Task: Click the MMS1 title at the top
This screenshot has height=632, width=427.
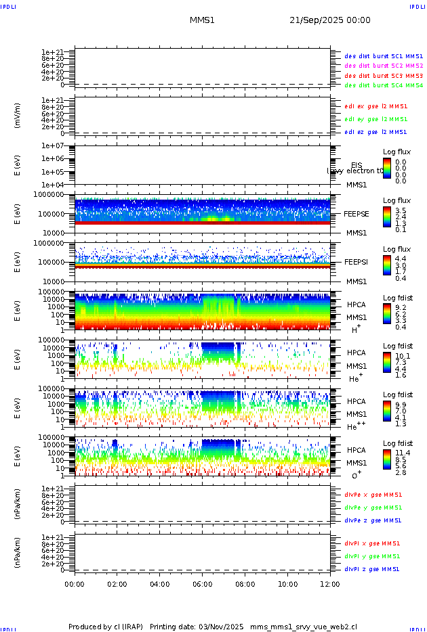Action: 202,20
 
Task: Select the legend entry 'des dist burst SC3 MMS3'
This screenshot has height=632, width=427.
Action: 384,76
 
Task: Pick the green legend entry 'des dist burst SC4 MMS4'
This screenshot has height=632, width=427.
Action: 384,86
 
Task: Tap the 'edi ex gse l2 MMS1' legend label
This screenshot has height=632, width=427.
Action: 376,106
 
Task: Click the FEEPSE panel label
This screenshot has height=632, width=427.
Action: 357,213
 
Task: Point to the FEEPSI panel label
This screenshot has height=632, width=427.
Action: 357,261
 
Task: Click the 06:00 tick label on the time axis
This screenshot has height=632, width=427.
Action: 203,584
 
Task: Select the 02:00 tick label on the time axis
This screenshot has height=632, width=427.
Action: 117,584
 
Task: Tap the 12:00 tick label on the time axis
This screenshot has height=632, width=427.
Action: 330,584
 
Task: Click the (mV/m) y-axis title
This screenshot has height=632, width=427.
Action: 18,116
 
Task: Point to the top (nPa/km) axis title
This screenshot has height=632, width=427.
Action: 18,503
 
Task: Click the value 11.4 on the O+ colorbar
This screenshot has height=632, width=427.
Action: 401,452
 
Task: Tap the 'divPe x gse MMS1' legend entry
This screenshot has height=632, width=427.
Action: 372,495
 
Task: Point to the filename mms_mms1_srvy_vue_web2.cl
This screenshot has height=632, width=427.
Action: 304,627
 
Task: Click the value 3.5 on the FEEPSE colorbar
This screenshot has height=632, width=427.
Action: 401,211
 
